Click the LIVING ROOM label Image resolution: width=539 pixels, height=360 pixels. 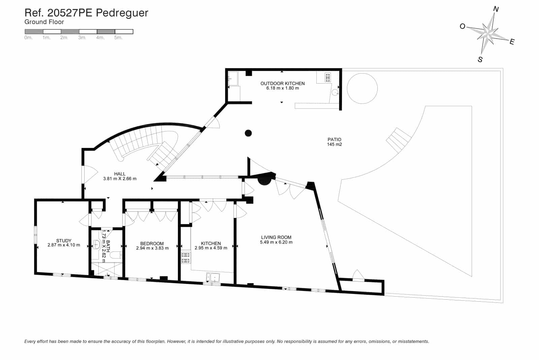(x=276, y=237)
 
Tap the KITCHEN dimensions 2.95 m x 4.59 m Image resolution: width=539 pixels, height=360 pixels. (x=211, y=248)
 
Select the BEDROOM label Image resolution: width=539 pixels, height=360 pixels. (x=152, y=243)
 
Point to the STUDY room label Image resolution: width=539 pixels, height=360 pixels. (x=64, y=241)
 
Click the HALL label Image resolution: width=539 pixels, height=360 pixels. (x=120, y=174)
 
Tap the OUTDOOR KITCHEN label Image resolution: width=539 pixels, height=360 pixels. (x=282, y=83)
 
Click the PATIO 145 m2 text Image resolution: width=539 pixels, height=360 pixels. (x=334, y=142)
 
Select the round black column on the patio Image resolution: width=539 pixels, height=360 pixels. (x=248, y=133)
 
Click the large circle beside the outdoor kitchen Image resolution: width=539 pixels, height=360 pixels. (x=362, y=88)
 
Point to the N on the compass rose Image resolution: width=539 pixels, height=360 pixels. (x=496, y=9)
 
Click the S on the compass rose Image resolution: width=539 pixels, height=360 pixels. (x=480, y=60)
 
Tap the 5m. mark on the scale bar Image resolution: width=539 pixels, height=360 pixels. (x=118, y=38)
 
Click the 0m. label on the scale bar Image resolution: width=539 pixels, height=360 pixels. (x=28, y=38)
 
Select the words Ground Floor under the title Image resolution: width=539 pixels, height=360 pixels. (x=44, y=22)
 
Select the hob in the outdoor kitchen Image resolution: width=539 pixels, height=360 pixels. (x=327, y=78)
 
